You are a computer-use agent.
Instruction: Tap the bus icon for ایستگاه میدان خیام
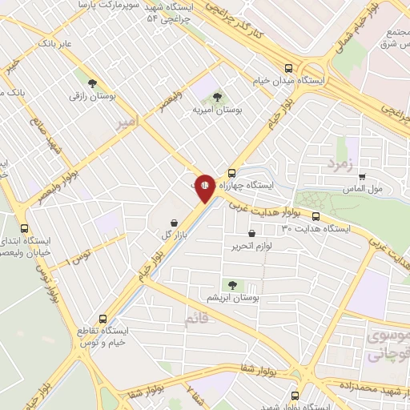[288, 68]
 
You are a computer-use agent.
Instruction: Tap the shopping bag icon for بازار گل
[173, 223]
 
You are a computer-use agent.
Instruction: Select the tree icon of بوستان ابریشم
[232, 284]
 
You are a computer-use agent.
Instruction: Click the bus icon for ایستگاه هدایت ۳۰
[316, 216]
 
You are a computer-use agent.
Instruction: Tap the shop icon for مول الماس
[363, 178]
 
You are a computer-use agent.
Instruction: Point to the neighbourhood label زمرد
[339, 163]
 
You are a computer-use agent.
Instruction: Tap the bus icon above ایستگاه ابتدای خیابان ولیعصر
[25, 227]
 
